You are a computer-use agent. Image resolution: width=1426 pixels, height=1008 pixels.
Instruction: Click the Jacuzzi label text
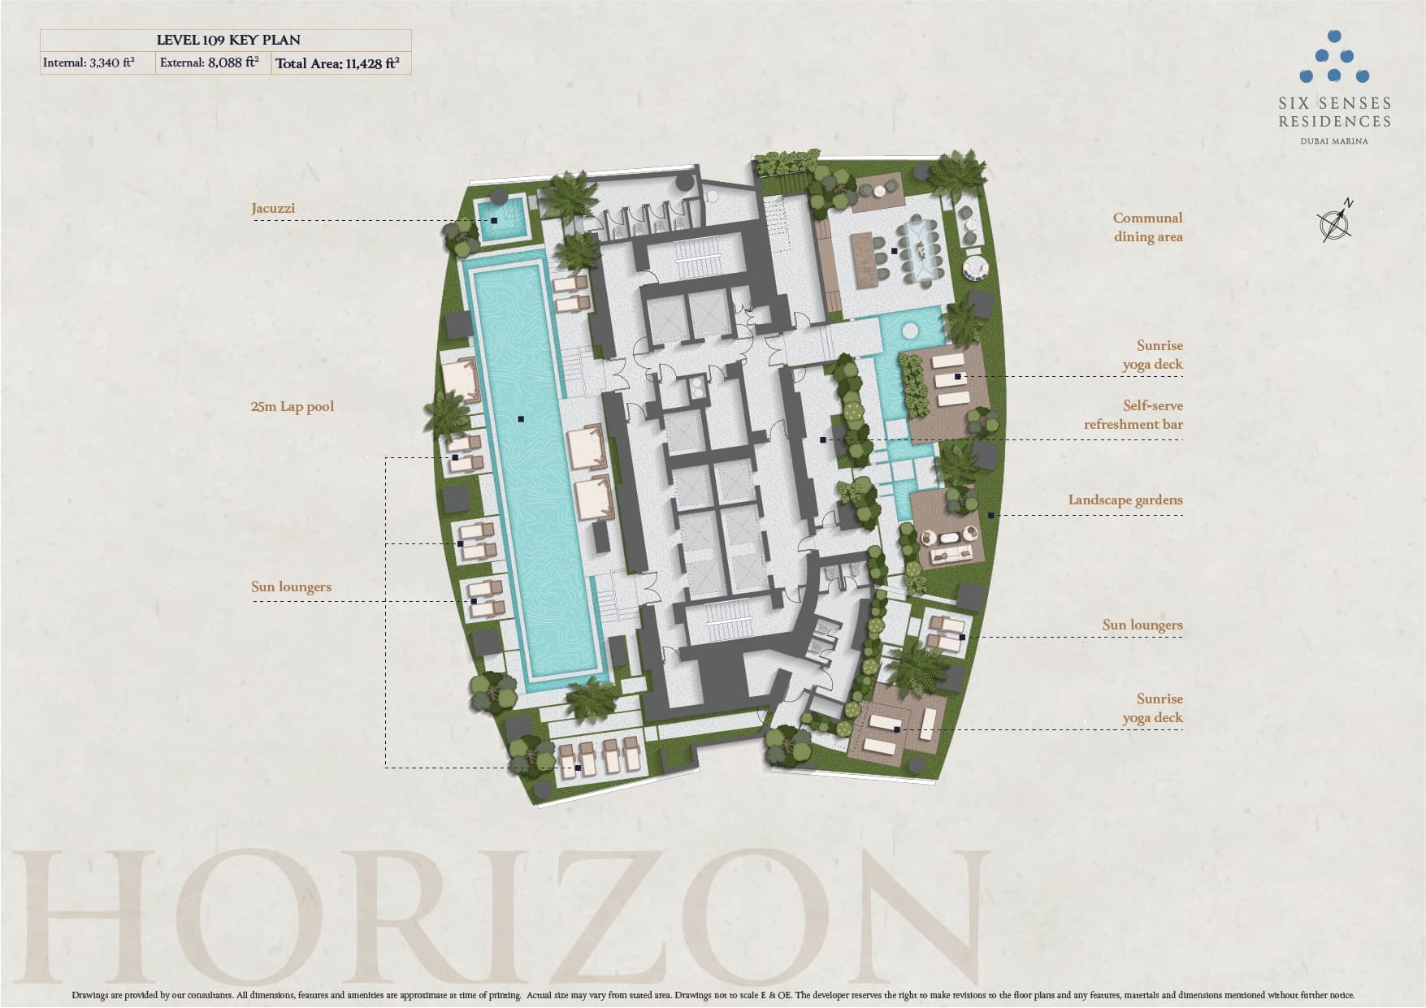[x=273, y=209]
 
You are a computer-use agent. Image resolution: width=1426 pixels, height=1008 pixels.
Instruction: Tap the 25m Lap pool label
[x=293, y=407]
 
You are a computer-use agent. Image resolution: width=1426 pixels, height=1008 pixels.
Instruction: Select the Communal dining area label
[x=1147, y=227]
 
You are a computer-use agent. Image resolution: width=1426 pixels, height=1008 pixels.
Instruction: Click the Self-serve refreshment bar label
[x=1133, y=415]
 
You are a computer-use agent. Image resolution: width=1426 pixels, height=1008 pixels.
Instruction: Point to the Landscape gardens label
[x=1125, y=500]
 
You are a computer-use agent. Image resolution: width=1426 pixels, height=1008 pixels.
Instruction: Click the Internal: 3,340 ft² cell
[x=89, y=63]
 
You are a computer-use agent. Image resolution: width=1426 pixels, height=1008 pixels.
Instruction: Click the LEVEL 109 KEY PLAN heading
[x=228, y=40]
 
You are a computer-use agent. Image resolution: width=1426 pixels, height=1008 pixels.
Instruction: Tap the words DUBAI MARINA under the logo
[x=1334, y=141]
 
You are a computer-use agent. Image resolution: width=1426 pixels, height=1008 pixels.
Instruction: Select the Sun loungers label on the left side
[x=291, y=587]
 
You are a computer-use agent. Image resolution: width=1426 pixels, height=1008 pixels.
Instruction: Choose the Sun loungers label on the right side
[x=1142, y=625]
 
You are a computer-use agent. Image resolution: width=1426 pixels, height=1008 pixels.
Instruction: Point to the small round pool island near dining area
[x=909, y=331]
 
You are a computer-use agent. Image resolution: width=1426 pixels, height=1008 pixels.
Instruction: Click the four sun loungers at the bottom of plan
[x=601, y=755]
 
